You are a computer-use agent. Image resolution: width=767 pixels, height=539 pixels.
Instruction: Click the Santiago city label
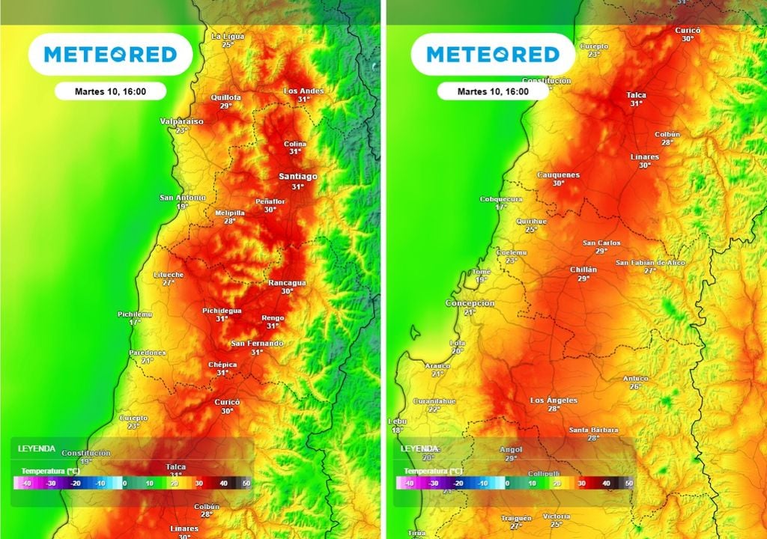(297, 177)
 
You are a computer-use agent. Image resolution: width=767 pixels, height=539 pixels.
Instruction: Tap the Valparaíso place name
(181, 121)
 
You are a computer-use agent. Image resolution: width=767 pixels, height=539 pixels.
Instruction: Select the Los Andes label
(304, 91)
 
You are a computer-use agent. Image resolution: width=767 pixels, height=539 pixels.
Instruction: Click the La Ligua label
(228, 36)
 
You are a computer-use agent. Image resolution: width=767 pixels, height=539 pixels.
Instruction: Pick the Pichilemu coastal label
(134, 314)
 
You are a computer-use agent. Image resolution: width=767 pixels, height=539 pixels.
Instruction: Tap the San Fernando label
(257, 343)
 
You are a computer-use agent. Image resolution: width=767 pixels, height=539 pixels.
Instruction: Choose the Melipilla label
(230, 213)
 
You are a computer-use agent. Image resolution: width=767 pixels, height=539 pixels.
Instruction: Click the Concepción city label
(470, 303)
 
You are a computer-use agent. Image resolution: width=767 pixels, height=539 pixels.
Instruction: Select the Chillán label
(583, 269)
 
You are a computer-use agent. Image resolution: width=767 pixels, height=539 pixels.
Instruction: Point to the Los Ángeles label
(554, 401)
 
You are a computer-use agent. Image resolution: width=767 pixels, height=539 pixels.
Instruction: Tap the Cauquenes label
(558, 174)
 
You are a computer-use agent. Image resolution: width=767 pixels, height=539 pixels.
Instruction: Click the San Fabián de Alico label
(649, 263)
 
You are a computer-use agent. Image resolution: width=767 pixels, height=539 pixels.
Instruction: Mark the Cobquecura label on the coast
(501, 199)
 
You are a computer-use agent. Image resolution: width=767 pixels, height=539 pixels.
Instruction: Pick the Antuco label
(635, 378)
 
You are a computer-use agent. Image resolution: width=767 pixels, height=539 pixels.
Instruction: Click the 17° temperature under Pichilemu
(134, 322)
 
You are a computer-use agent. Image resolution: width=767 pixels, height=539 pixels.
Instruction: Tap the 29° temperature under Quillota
(225, 106)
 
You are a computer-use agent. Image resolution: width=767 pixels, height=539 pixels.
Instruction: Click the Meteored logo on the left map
(110, 55)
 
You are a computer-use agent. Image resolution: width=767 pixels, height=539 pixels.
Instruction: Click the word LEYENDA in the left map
(37, 448)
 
